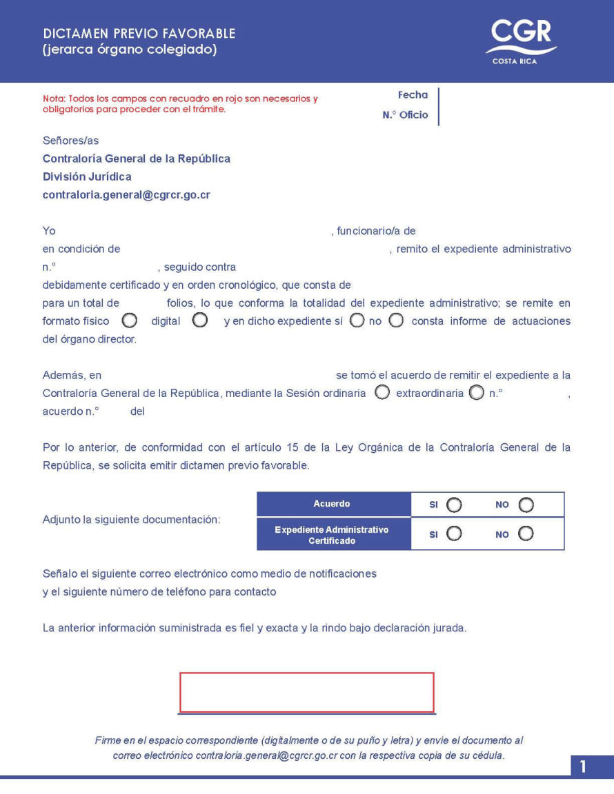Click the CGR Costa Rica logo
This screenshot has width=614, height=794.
tap(521, 41)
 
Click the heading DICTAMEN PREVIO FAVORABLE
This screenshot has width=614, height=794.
tap(139, 34)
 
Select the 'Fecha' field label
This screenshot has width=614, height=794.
tap(413, 95)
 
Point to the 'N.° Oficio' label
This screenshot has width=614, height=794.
tap(405, 115)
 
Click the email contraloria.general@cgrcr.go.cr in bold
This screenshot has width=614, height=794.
tap(126, 195)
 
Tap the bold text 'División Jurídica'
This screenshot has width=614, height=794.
tap(87, 177)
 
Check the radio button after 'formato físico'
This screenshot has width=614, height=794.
tap(129, 320)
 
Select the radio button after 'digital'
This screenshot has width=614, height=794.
tap(200, 320)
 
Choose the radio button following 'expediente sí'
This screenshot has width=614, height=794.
tap(357, 320)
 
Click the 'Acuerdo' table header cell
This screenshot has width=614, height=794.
tap(332, 504)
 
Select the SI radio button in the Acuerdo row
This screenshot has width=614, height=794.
tap(454, 505)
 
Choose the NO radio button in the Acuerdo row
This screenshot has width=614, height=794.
tap(526, 505)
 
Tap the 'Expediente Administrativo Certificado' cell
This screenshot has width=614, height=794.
tap(332, 535)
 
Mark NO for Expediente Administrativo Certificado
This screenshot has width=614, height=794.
tap(526, 533)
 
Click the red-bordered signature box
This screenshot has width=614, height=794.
tap(307, 692)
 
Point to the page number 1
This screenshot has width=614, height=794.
tap(583, 766)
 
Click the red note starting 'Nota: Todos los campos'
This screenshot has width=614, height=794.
tap(180, 103)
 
